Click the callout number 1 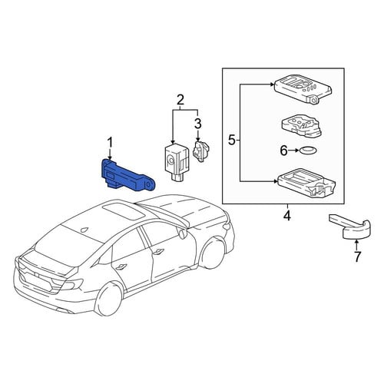click(x=110, y=143)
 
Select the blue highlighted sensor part click(x=127, y=176)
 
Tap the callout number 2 click(x=180, y=101)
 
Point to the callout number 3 click(x=198, y=124)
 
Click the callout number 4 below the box click(x=287, y=217)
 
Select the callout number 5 click(x=232, y=141)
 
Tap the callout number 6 click(x=283, y=151)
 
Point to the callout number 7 click(x=357, y=257)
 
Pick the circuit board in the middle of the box click(x=301, y=125)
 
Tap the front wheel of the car click(x=214, y=253)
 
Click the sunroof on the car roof click(x=124, y=210)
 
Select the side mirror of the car click(x=183, y=233)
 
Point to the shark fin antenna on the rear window click(x=84, y=230)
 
